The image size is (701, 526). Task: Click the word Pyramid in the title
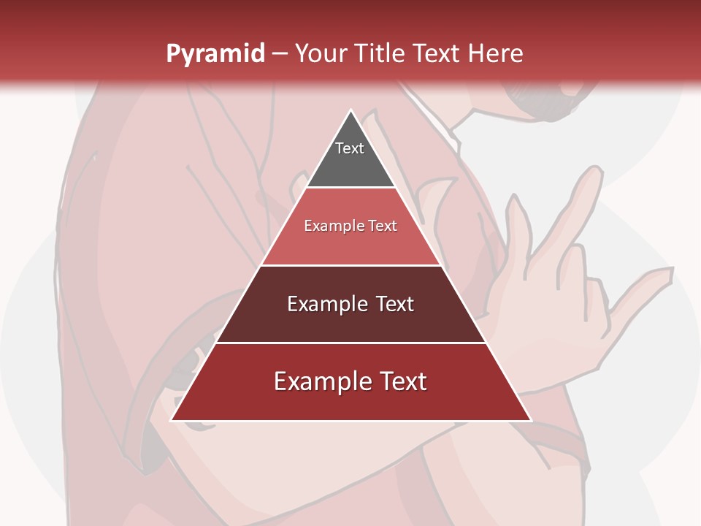point(215,54)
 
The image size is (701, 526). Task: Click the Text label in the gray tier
point(350,148)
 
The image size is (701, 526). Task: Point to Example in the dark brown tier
point(328,304)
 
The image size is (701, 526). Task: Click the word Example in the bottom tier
point(322,381)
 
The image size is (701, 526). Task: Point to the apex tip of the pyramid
point(350,112)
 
